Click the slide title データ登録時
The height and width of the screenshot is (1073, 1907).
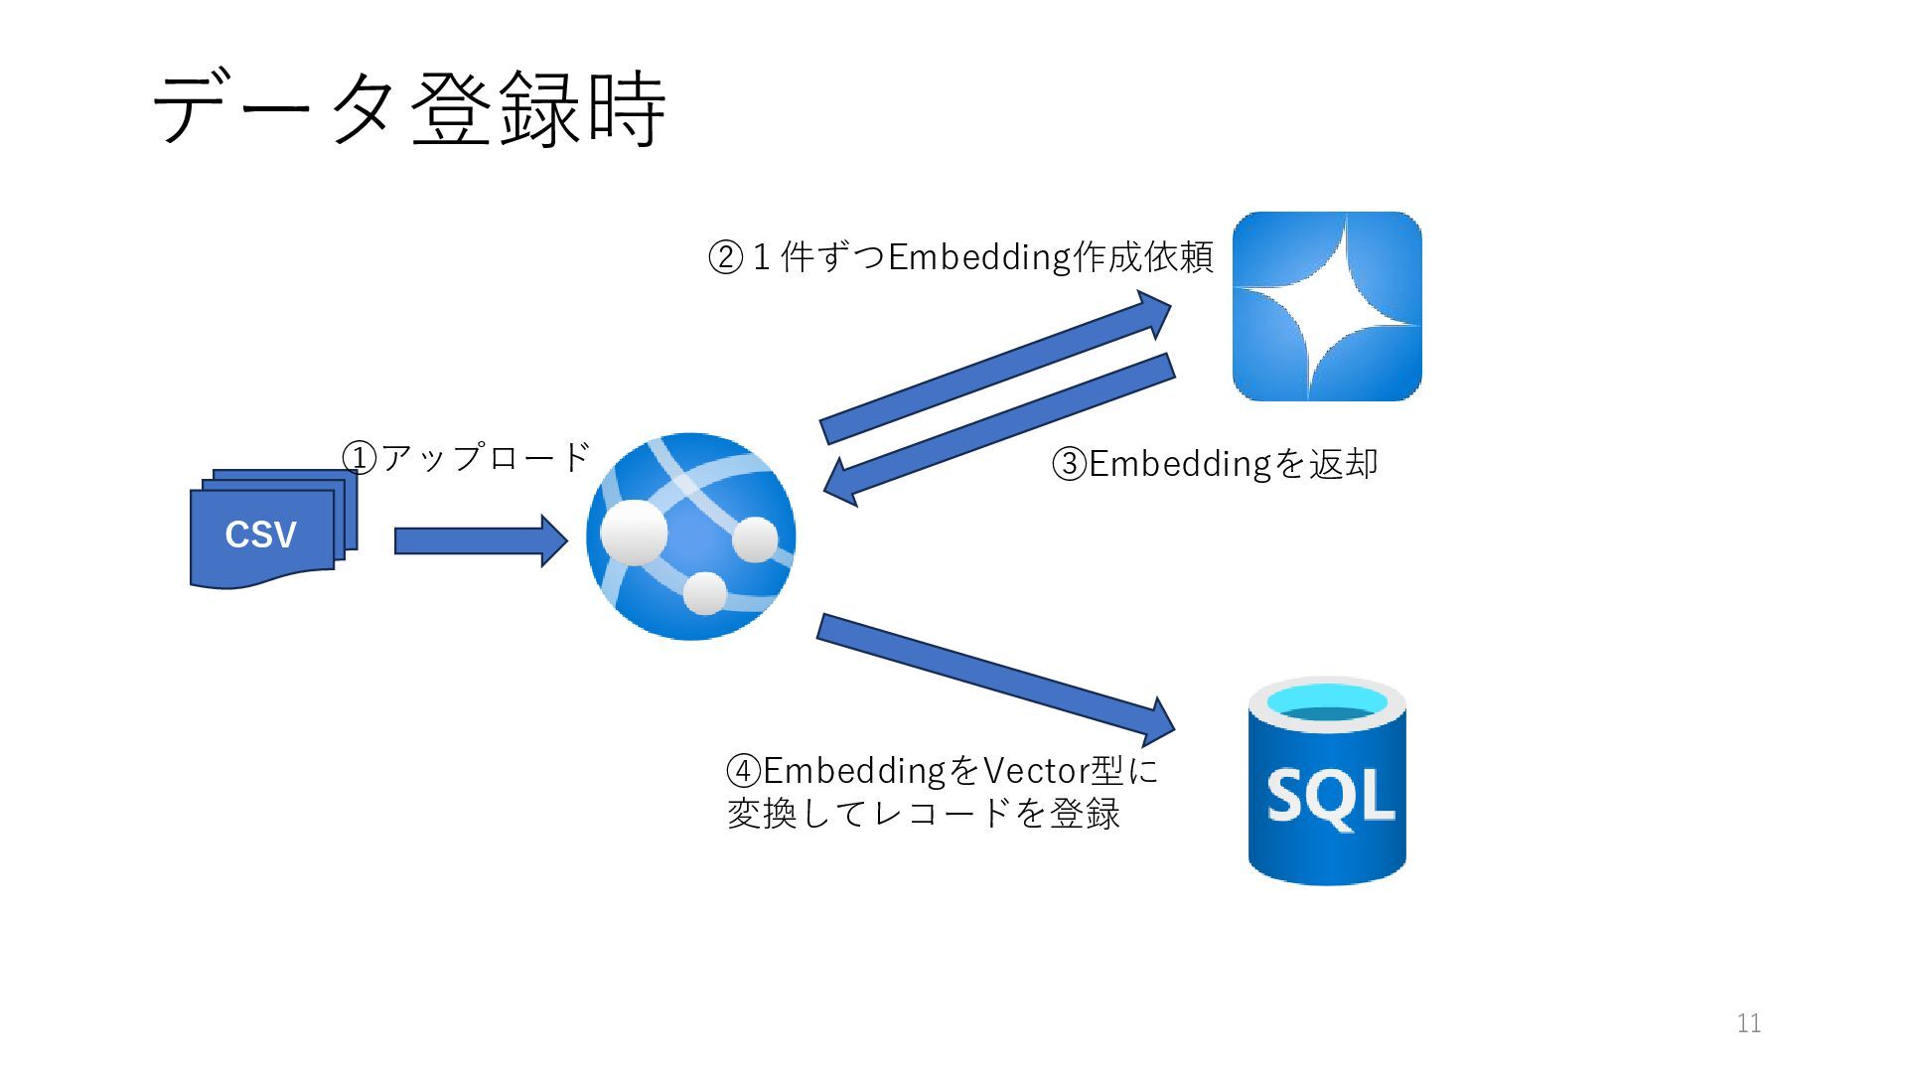tap(408, 108)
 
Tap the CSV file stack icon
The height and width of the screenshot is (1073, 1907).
tap(268, 532)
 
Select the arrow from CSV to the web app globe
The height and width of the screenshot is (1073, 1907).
tap(480, 540)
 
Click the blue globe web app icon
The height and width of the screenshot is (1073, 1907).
tap(691, 536)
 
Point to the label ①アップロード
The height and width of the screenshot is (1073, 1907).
tap(466, 458)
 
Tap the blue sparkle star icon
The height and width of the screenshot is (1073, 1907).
tap(1327, 306)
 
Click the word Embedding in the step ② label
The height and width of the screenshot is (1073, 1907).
tap(978, 257)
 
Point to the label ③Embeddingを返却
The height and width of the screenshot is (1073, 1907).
tap(1215, 464)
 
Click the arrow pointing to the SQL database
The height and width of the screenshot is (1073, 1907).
tap(994, 679)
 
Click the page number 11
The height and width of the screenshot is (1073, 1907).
tap(1749, 1023)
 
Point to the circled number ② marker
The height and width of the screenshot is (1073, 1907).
tap(725, 258)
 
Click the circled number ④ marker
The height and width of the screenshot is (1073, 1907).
tap(744, 770)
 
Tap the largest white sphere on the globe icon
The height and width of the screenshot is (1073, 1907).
tap(634, 532)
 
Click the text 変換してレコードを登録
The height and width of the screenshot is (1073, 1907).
tap(924, 814)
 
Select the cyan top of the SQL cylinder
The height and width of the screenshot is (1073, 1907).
tap(1327, 700)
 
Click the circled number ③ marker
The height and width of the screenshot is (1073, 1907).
tap(1070, 464)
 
